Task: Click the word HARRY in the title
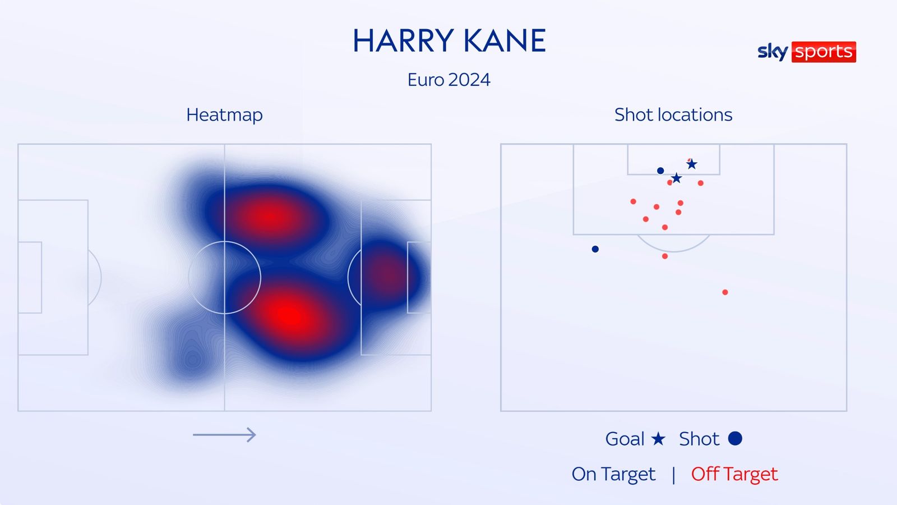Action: coord(403,41)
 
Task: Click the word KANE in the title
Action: coord(505,41)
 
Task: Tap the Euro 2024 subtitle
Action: coord(449,80)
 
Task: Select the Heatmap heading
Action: coord(224,114)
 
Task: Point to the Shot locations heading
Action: coord(673,114)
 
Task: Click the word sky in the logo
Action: coord(773,52)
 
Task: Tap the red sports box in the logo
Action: coord(824,52)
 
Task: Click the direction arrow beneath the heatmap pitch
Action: coord(224,434)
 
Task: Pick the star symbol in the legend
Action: coord(658,439)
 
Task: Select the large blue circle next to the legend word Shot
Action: coord(735,438)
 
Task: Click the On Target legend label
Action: coord(613,474)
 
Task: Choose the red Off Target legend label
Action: coord(734,474)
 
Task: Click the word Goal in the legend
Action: coord(625,439)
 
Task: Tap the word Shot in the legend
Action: coord(699,439)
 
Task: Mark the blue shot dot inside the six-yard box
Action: coord(660,171)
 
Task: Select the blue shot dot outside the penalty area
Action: coord(595,249)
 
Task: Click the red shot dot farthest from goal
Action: coord(725,292)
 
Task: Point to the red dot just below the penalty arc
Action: coord(665,256)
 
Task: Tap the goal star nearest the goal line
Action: coord(692,164)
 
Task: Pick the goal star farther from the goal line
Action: coord(677,178)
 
